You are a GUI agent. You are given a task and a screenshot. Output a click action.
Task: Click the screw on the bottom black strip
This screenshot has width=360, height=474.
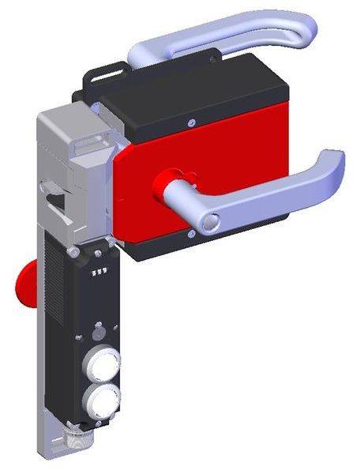click(191, 234)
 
